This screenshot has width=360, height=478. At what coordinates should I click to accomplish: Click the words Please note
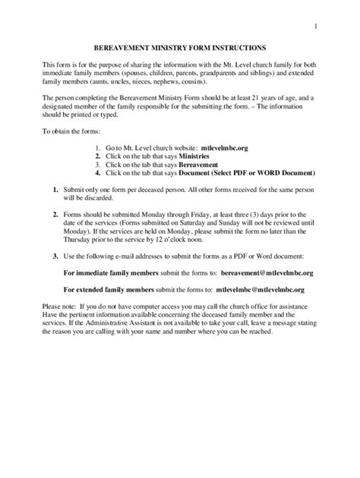click(58, 305)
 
